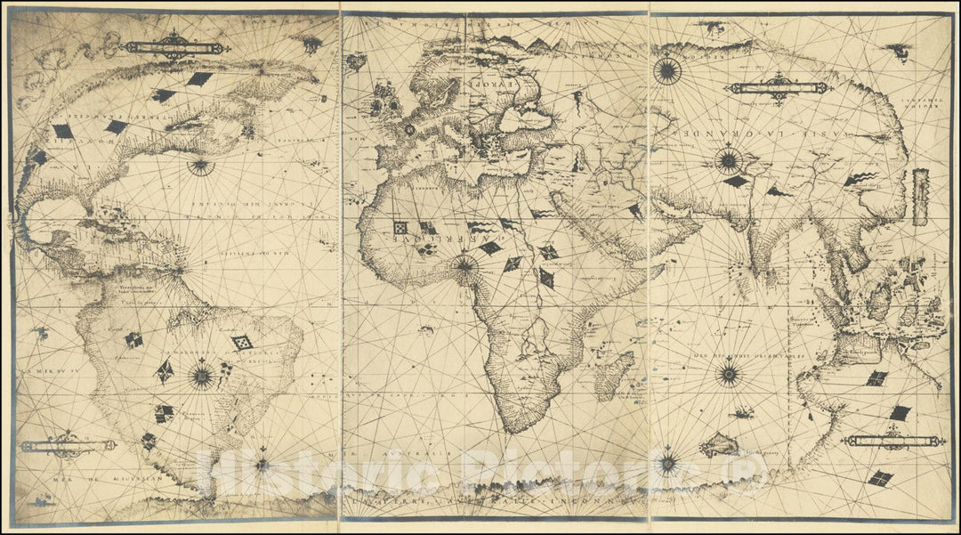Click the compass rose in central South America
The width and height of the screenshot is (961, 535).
tap(202, 377)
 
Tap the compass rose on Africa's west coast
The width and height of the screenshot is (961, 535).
tap(464, 263)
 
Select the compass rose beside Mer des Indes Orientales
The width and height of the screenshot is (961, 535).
tap(729, 373)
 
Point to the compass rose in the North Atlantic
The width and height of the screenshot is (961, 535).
tap(200, 165)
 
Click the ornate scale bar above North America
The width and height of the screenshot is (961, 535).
tap(174, 44)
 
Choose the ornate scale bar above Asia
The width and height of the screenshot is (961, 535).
tap(779, 88)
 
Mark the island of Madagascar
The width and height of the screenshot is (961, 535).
tap(615, 375)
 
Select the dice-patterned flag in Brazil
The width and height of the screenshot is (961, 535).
tap(241, 342)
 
